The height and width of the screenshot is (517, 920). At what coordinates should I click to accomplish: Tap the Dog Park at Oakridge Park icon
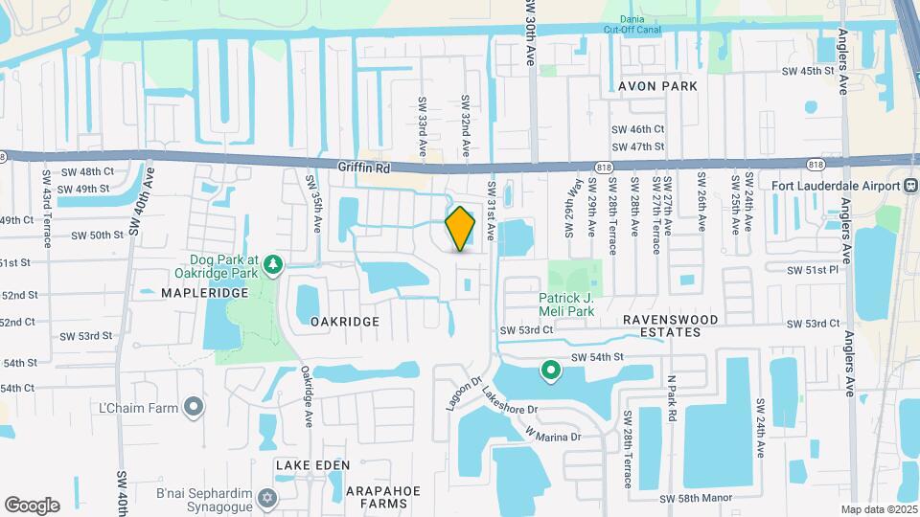click(273, 263)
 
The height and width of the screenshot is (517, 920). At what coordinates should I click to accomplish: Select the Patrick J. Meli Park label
click(566, 303)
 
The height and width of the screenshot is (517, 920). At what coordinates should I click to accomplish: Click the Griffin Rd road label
click(364, 167)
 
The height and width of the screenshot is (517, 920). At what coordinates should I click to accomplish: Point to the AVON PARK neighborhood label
click(657, 85)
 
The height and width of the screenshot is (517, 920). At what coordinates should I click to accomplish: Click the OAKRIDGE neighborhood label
click(345, 322)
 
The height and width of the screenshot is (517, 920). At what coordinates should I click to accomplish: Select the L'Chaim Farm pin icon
click(194, 408)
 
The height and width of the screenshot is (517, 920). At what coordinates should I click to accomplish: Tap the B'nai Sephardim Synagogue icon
click(267, 499)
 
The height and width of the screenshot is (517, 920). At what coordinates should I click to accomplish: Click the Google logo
click(32, 506)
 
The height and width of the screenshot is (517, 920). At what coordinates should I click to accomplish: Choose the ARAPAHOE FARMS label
click(382, 496)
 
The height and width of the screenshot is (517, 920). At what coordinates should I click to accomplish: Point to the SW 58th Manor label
click(704, 500)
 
